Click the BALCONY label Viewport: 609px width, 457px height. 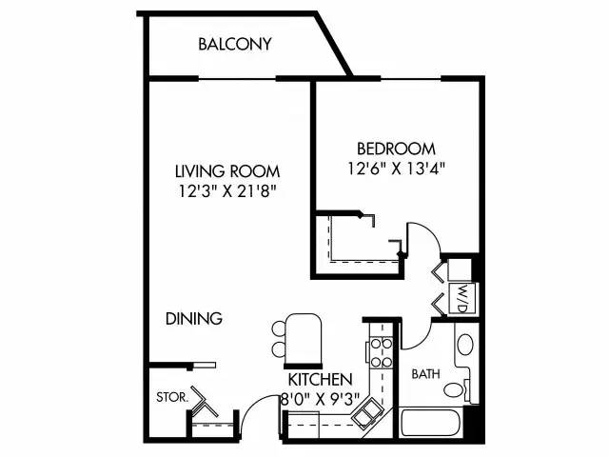click(x=235, y=44)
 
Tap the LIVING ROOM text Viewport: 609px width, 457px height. click(x=227, y=171)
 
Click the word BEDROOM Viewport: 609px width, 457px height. click(x=396, y=149)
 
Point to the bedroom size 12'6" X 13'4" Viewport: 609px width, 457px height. click(x=396, y=168)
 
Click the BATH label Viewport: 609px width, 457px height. click(x=424, y=374)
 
